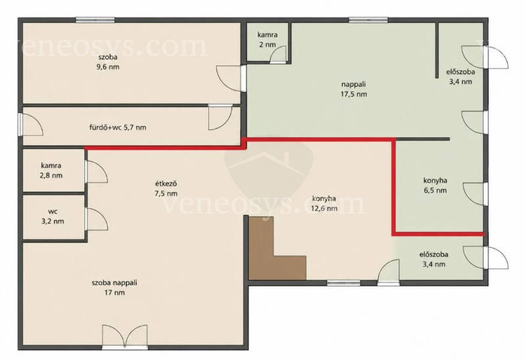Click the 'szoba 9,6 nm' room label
pos(108,62)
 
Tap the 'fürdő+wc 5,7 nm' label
pos(118,127)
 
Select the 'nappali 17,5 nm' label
pos(354,89)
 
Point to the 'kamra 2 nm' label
pos(268,39)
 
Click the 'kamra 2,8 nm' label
pos(51,170)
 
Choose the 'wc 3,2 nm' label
pos(53,217)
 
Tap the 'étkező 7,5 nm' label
pos(166,189)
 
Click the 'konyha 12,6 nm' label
pos(324,203)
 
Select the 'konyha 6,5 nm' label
pos(435,185)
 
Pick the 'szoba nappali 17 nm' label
pos(114,288)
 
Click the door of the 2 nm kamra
pos(278,55)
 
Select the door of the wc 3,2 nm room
pos(97,219)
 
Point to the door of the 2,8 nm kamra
pos(97,171)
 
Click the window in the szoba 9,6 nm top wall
pos(95,20)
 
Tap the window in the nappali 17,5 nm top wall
pos(368,20)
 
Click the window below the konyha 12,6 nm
pos(344,283)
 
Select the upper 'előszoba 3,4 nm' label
pos(461,76)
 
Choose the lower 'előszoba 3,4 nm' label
pos(434,259)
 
